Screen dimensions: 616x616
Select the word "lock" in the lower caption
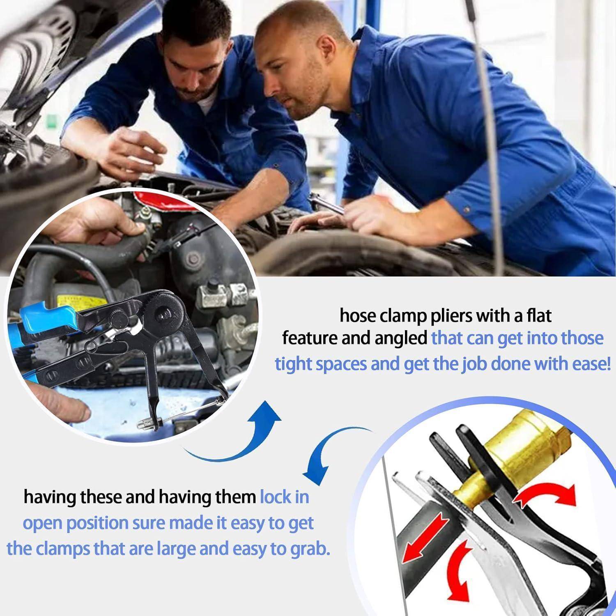tap(284, 497)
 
